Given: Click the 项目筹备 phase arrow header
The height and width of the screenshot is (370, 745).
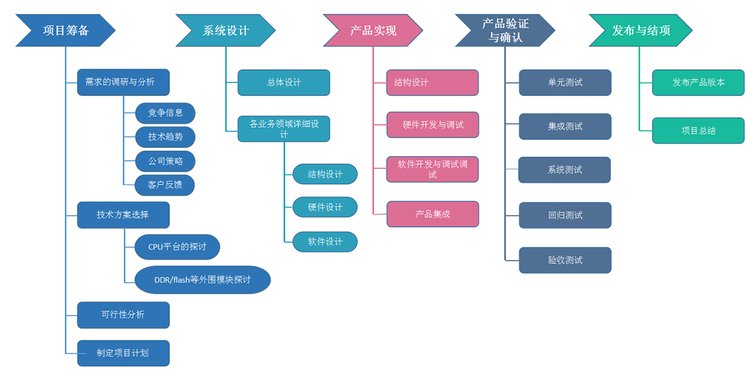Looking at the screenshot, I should point(65,30).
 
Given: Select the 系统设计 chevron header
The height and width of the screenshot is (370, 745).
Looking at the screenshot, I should point(226,30).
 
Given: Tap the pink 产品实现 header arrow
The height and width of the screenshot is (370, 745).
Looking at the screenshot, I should point(373,30).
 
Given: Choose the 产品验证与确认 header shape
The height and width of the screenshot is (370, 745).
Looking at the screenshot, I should point(505,30).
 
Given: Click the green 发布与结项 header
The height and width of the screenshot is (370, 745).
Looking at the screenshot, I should point(640,30).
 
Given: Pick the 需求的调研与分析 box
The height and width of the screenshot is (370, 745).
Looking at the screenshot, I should point(123,82).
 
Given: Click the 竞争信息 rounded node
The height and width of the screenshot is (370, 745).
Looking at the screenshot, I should point(165,113).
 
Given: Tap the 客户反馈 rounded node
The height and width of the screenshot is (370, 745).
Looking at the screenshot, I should point(165,185).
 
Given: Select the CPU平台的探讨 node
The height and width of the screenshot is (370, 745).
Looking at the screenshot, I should point(177,247).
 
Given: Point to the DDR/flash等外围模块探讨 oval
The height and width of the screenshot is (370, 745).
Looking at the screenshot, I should point(203,279).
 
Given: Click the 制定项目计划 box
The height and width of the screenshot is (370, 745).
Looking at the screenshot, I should point(123,353).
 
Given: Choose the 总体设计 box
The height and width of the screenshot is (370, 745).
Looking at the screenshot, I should point(284,83).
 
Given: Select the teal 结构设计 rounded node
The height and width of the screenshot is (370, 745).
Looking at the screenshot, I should point(325,175).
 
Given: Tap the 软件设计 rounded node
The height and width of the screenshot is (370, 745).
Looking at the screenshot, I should point(325,242).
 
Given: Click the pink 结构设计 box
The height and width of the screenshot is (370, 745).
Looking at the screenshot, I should point(433,83).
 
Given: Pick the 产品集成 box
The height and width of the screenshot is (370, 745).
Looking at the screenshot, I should point(433,214).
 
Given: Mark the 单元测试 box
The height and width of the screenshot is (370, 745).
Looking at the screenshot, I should point(565,83).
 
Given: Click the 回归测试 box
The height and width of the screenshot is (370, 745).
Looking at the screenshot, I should point(565,215).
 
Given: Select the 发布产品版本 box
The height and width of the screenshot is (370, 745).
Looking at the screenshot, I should point(698,83).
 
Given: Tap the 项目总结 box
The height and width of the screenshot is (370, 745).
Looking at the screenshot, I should point(698,131).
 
